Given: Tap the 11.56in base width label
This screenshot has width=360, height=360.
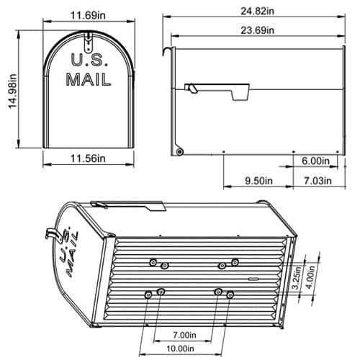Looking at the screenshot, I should (89, 158).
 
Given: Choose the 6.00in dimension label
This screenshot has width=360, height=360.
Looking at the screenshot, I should (315, 161).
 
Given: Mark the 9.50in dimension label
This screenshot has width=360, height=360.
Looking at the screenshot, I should (257, 180).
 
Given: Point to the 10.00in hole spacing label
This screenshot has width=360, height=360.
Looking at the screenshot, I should (188, 349).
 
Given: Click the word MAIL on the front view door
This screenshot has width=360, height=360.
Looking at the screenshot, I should (89, 80).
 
